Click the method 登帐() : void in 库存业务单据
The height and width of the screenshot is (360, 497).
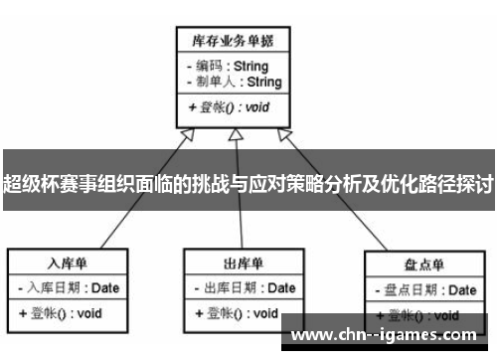(x=227, y=106)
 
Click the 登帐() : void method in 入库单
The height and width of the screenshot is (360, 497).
(x=60, y=313)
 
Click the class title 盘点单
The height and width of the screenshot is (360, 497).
(x=424, y=265)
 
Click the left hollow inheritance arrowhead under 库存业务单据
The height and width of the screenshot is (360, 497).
(x=185, y=135)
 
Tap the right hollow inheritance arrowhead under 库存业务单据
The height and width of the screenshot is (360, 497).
(x=285, y=135)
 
